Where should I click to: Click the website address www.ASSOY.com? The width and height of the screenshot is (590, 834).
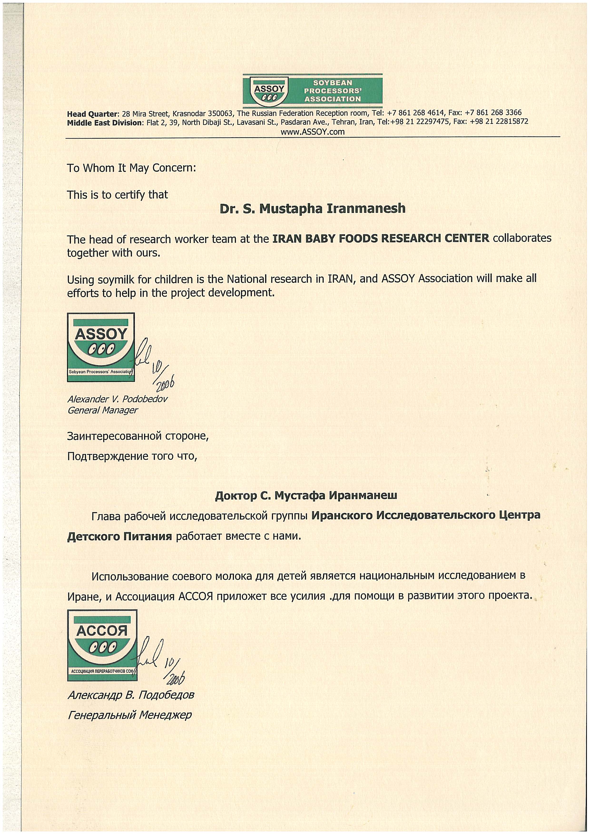tap(312, 132)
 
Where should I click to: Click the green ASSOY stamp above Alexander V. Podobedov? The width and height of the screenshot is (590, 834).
tap(101, 347)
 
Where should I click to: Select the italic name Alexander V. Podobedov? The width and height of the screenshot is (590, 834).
tap(117, 399)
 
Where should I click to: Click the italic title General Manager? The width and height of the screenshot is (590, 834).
tap(103, 410)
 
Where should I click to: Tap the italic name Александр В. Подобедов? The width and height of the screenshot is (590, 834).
tap(131, 695)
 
